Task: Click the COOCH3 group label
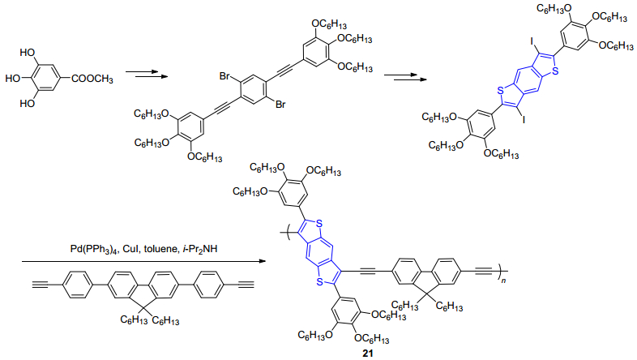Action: [92, 79]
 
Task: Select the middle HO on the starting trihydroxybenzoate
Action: [13, 78]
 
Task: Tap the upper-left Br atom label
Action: [224, 76]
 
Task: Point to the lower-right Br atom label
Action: [280, 105]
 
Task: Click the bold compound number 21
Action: [368, 354]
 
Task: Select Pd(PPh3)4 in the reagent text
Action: [94, 249]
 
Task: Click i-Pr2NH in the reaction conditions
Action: [198, 249]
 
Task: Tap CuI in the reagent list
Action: [130, 249]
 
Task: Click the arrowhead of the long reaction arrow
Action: [261, 261]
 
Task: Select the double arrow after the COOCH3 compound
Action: [147, 74]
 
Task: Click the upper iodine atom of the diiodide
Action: [532, 41]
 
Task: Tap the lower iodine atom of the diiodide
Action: [524, 119]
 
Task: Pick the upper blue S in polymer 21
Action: [319, 223]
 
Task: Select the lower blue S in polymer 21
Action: [319, 281]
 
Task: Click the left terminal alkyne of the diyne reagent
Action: [41, 285]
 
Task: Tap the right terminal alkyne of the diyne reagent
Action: [246, 285]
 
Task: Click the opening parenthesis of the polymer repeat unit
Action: [283, 233]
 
